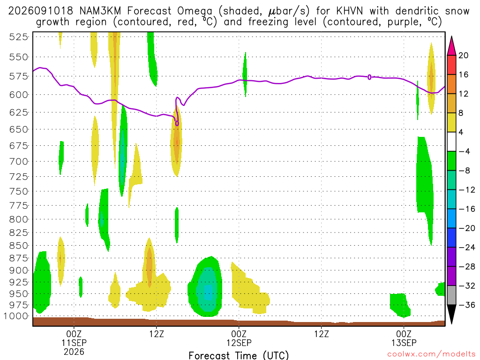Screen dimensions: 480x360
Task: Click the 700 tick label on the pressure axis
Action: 19,161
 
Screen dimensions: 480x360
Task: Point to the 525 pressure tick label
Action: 19,37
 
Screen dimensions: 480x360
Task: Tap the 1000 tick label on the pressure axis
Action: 16,316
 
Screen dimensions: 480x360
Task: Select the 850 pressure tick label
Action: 19,246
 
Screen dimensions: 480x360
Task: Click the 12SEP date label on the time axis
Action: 239,343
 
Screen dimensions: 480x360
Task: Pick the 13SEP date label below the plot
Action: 404,343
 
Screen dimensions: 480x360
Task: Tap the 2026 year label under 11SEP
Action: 74,352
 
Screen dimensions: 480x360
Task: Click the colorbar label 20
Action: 463,55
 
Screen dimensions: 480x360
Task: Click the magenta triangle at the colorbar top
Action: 451,45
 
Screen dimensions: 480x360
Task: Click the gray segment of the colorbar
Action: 451,295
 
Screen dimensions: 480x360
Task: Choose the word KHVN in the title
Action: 349,11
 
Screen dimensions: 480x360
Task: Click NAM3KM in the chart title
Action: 100,11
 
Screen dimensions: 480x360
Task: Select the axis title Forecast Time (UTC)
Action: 239,355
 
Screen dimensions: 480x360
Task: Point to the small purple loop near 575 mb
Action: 369,77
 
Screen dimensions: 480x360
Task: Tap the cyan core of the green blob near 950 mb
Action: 208,292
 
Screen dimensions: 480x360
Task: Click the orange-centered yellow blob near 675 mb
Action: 176,142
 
